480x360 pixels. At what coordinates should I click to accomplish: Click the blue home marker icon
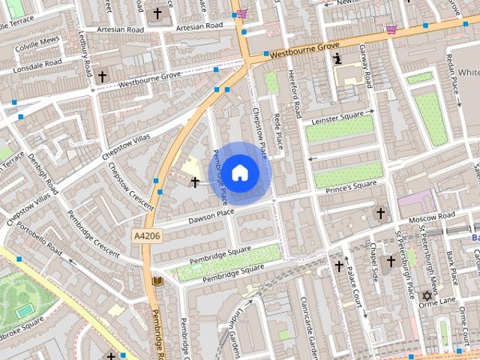coord(239,172)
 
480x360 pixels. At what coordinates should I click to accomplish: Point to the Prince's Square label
coord(351,186)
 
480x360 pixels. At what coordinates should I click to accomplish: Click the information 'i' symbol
coord(338,58)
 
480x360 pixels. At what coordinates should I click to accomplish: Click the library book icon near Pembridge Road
coord(157,281)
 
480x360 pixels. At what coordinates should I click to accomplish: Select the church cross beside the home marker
coord(196,182)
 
